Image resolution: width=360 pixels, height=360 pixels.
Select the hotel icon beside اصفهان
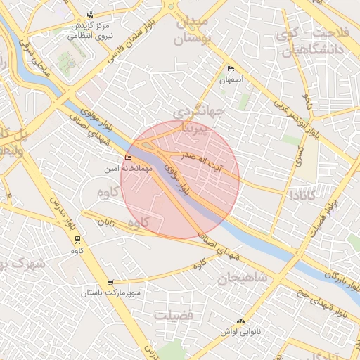pos(231,69)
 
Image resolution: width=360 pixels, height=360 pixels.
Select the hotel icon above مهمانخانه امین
pos(127,157)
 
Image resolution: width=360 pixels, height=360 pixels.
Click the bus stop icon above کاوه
pos(77,239)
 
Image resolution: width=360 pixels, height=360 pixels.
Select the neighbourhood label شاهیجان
pos(243,278)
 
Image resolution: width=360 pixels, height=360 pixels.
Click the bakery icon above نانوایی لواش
pos(243,321)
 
